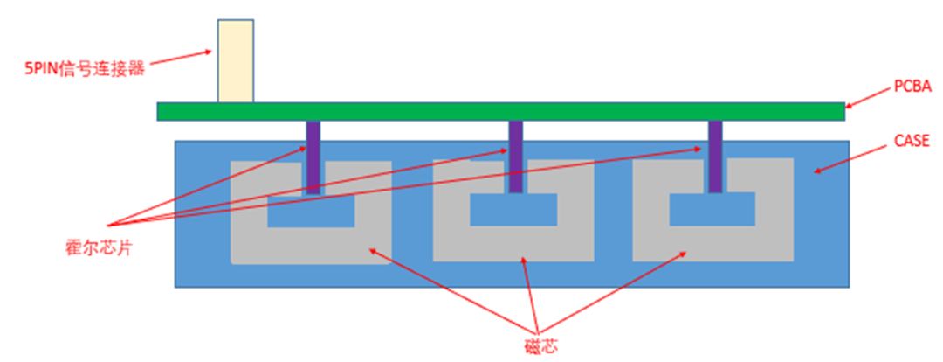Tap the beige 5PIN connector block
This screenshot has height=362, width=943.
coord(236,61)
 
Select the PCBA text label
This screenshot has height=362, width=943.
coord(912,88)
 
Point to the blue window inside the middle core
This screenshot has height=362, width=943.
coord(513,208)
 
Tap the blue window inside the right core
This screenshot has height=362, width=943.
coord(712,208)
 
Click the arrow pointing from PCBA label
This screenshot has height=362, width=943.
coord(869,98)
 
